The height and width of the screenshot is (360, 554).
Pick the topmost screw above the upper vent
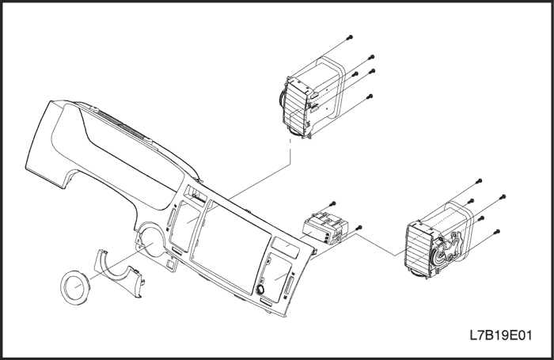click(349, 37)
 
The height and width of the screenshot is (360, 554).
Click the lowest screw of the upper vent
click(370, 96)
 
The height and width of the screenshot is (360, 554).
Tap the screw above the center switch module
click(333, 203)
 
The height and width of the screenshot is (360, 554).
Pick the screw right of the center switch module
click(360, 227)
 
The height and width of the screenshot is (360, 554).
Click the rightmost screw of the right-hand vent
click(503, 195)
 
